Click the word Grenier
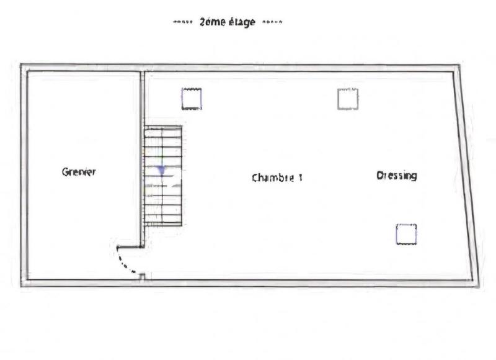79,172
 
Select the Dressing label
397,176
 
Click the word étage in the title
241,23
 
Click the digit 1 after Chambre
300,178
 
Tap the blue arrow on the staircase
162,169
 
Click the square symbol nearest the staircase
192,99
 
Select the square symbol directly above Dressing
348,99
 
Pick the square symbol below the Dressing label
406,234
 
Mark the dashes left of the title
183,23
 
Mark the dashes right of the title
272,23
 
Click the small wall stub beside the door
142,277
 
